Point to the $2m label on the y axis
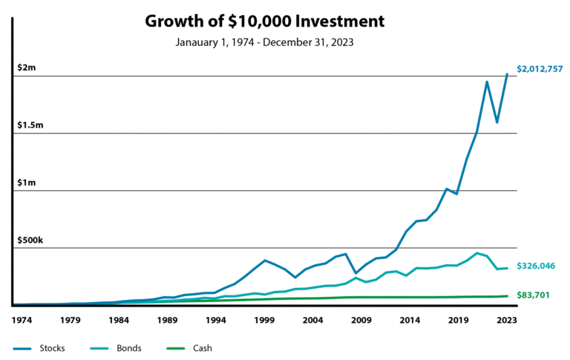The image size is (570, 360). [27, 68]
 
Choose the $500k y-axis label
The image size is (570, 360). [30, 240]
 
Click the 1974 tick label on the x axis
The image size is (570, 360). [22, 321]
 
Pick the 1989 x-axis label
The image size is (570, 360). [168, 321]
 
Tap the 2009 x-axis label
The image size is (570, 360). [361, 321]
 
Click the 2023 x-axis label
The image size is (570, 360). [507, 321]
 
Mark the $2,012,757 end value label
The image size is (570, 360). [540, 69]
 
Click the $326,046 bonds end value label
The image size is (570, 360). [536, 266]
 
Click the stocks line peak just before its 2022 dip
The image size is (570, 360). [487, 82]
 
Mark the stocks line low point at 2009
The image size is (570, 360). [356, 273]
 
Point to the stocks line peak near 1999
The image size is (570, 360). [265, 261]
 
